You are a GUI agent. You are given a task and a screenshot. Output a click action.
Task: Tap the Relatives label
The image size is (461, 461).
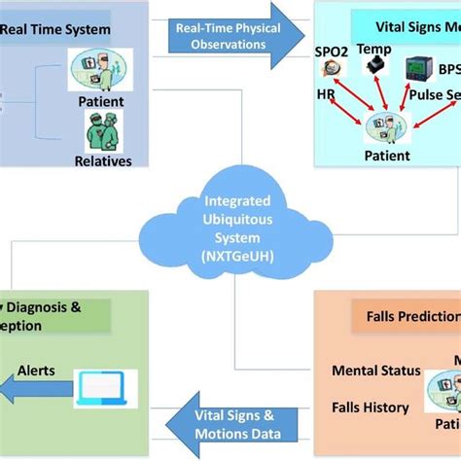[103, 160]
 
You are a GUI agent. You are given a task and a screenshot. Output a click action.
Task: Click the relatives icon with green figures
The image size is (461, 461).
[103, 130]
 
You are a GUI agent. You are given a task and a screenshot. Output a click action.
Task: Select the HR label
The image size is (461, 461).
[327, 95]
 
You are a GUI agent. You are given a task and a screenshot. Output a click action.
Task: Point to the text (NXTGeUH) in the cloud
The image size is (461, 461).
[230, 253]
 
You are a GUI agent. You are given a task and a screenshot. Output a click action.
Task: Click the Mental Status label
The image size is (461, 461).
[376, 370]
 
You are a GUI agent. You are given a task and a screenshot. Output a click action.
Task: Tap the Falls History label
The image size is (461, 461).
[371, 407]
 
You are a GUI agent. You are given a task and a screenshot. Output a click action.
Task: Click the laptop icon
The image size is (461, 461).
[104, 388]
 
